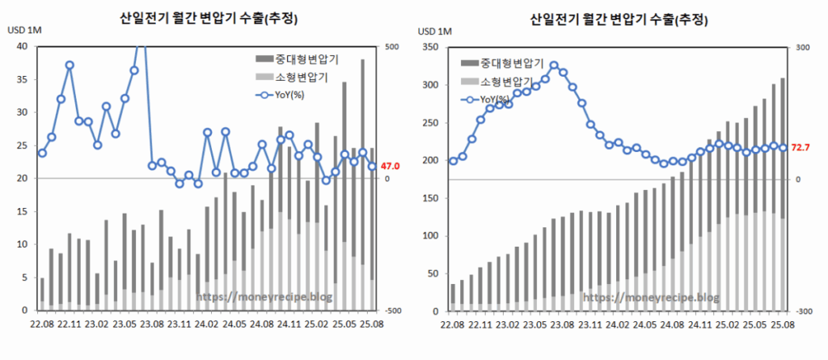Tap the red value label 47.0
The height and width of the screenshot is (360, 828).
point(390,166)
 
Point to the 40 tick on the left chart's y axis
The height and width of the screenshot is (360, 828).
point(22,46)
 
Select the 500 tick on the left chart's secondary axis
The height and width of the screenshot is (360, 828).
point(392,46)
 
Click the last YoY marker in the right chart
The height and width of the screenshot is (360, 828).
point(783,147)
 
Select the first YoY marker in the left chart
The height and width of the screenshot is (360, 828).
point(42,153)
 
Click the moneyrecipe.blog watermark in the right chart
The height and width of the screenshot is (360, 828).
point(650,298)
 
